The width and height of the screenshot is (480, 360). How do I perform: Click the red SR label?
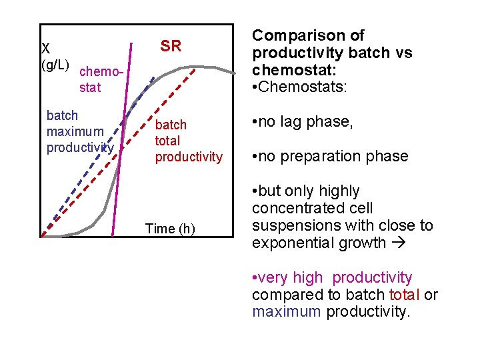171,46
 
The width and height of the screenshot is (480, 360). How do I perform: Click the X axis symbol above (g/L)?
45,49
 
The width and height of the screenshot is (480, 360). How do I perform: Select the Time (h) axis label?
170,229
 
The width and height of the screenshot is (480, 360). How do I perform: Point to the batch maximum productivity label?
80,131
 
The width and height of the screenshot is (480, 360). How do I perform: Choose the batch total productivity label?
189,141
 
